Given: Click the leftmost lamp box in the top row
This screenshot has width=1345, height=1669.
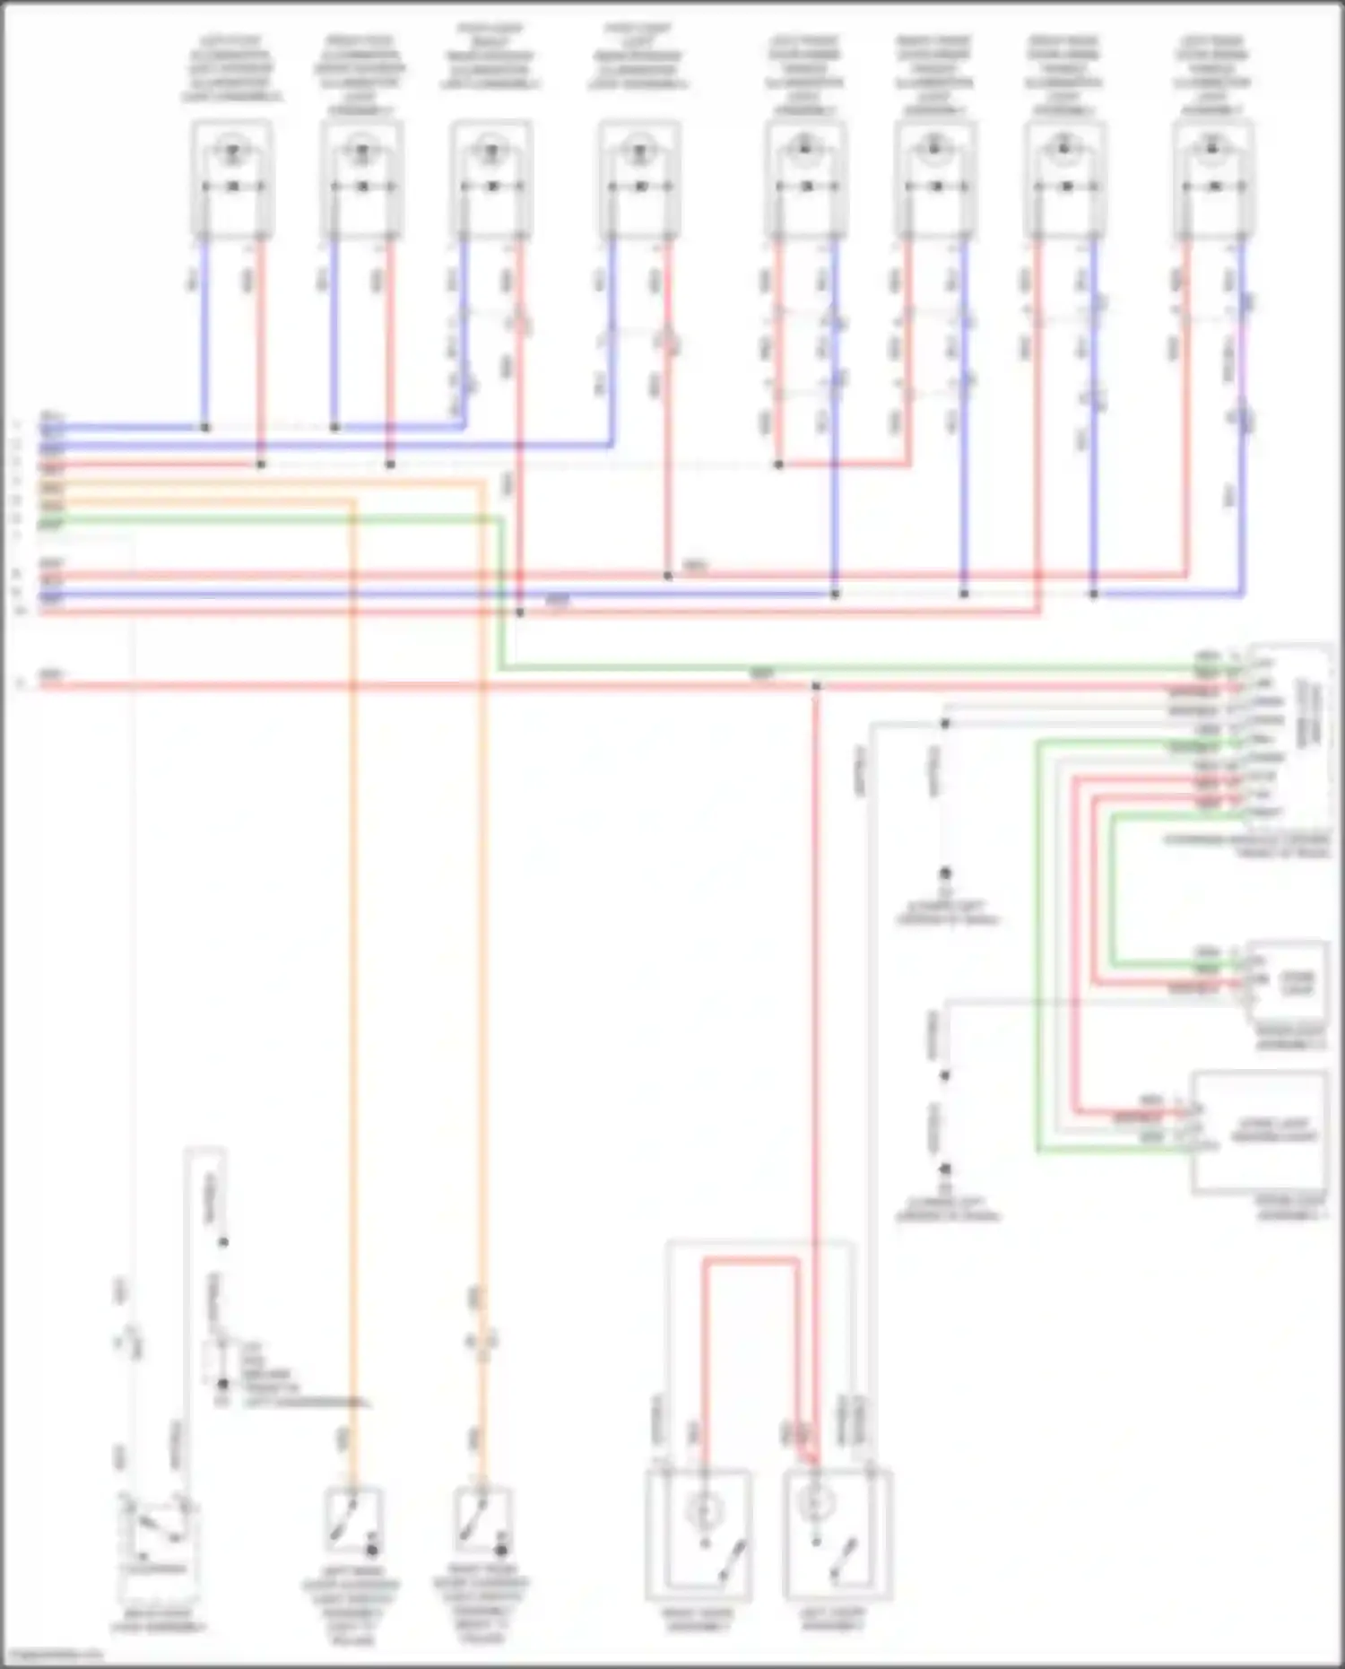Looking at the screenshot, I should pyautogui.click(x=231, y=179).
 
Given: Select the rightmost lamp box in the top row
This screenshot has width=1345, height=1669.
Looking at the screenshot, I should pyautogui.click(x=1212, y=179).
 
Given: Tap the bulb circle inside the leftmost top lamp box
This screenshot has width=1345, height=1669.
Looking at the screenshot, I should pyautogui.click(x=232, y=150).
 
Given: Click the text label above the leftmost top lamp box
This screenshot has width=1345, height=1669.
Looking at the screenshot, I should pyautogui.click(x=231, y=68).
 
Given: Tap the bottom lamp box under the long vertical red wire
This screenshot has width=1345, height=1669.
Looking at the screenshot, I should pyautogui.click(x=837, y=1534).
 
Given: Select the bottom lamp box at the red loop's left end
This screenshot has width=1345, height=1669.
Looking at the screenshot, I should pyautogui.click(x=699, y=1534).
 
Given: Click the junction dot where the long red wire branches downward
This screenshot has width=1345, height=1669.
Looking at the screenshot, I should pyautogui.click(x=816, y=686).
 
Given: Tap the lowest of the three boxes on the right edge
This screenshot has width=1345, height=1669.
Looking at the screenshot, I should pyautogui.click(x=1259, y=1132).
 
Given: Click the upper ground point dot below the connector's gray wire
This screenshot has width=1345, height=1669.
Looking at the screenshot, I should pyautogui.click(x=944, y=873).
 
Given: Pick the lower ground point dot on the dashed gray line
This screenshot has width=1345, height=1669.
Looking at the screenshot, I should pyautogui.click(x=944, y=1169).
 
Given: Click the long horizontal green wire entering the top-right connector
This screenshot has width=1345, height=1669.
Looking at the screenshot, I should pyautogui.click(x=807, y=669).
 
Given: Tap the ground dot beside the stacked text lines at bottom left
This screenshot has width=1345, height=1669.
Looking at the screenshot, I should pyautogui.click(x=222, y=1385).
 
